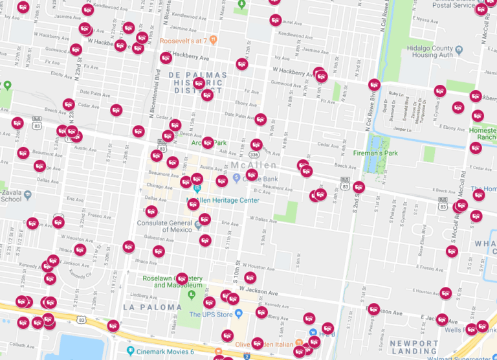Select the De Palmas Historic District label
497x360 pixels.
tap(197, 83)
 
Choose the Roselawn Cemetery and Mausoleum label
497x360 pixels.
tap(175, 283)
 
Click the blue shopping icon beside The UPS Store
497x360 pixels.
tap(238, 314)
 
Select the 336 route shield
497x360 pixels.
tap(255, 155)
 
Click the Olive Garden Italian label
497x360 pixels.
tap(261, 344)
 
